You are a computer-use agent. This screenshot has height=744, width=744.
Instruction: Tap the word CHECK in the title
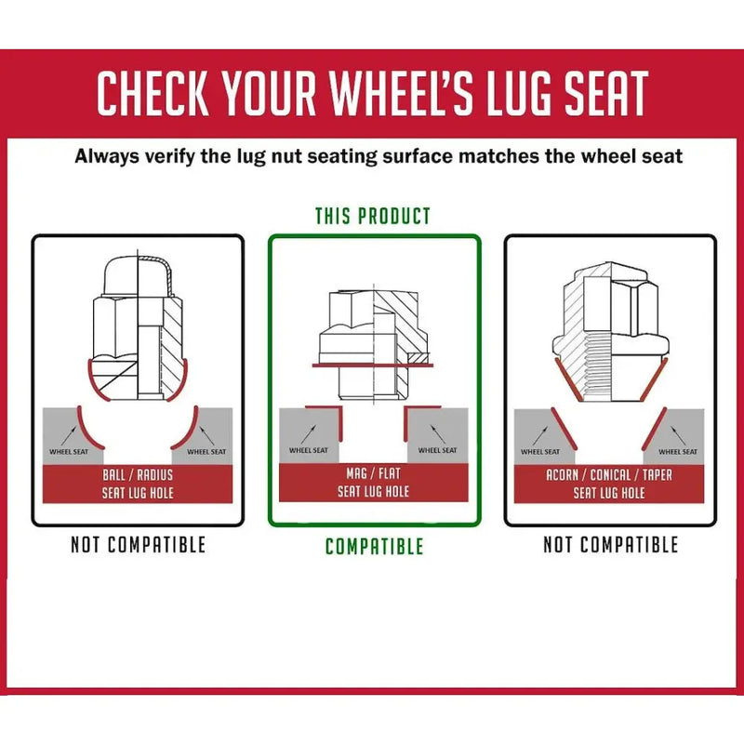click(153, 93)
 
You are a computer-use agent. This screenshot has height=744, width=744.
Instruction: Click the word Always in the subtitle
click(106, 156)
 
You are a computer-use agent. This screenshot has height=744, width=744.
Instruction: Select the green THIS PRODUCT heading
click(373, 217)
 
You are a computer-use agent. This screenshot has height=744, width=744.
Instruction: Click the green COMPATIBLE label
click(375, 547)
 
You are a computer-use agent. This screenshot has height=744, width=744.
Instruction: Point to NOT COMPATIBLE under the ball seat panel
click(138, 545)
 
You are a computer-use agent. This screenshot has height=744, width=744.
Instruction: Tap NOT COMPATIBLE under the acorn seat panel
click(611, 545)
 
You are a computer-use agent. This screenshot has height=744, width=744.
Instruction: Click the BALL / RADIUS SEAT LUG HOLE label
click(138, 484)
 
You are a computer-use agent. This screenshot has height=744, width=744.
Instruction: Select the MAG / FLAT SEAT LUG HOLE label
click(374, 483)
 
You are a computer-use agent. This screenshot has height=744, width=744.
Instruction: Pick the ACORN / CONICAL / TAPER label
click(609, 475)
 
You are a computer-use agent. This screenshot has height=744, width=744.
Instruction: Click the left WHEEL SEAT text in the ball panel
click(69, 452)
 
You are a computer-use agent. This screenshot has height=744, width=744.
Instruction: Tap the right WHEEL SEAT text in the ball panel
click(206, 452)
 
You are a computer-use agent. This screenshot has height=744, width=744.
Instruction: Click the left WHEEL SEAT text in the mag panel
click(309, 450)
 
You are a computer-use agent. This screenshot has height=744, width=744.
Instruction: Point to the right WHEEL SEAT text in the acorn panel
click(678, 452)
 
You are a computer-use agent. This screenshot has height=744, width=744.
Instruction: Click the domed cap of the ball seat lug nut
click(138, 276)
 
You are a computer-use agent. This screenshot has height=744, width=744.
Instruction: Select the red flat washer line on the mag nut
click(373, 365)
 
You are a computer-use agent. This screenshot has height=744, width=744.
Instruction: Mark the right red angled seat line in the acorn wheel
click(655, 429)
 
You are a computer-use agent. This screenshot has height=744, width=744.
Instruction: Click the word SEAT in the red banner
click(606, 93)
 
